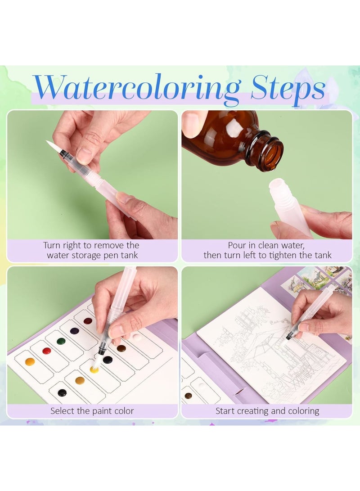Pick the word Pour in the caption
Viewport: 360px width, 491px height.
(237, 245)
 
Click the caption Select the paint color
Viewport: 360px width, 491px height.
(92, 410)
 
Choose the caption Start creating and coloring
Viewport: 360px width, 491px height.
(267, 410)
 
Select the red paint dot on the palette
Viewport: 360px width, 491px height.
(46, 351)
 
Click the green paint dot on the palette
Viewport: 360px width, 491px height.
(61, 341)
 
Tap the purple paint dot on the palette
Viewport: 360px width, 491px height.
(75, 331)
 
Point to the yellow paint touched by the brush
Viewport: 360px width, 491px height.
(94, 369)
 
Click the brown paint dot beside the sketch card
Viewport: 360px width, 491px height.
(188, 395)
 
